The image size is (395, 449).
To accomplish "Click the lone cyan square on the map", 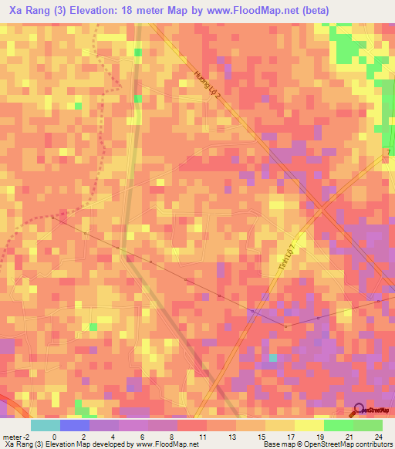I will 272,358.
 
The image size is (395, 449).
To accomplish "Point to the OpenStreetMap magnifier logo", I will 359,410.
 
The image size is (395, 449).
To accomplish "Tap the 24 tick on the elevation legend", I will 377,437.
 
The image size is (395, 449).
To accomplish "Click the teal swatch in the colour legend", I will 46,425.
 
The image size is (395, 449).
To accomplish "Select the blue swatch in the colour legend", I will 75,425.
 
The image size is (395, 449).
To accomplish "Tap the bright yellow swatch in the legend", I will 309,425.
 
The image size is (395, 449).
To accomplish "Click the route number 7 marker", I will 387,154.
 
